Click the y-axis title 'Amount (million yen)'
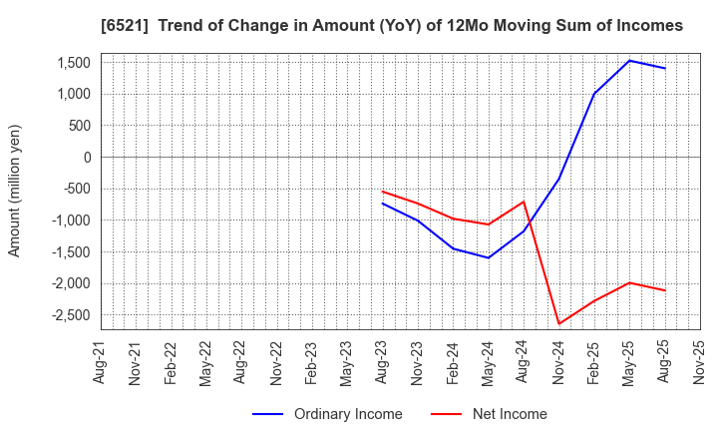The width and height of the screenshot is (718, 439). point(14,191)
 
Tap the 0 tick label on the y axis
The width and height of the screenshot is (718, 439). point(88,158)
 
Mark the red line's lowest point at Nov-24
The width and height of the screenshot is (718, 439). point(559,323)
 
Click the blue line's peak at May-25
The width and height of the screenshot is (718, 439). point(630,61)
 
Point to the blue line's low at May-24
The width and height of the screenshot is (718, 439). point(489,257)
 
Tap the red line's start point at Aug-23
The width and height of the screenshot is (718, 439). point(383,192)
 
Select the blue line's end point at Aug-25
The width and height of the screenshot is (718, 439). point(665,68)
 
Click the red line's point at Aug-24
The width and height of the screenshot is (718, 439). point(525,202)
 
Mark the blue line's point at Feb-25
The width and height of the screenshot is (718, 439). point(594,94)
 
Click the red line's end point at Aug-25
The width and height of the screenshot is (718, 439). point(665,290)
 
